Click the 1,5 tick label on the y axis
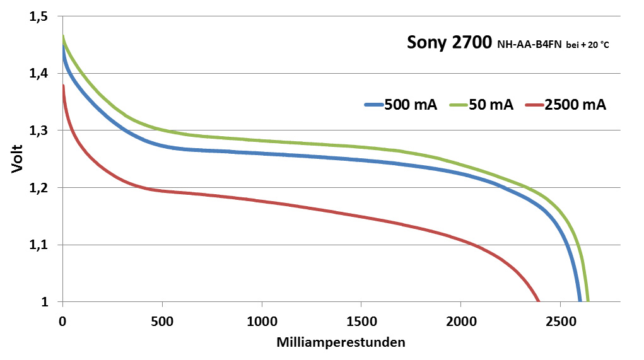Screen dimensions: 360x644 (x=39, y=17)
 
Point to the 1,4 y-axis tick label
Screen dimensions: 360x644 (x=39, y=74)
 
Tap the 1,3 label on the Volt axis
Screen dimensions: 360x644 (x=39, y=131)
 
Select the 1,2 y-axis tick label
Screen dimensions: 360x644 (x=39, y=188)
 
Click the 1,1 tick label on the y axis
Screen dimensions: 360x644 (x=39, y=245)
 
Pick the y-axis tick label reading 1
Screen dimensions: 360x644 (x=45, y=302)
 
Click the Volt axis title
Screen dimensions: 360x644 (x=18, y=160)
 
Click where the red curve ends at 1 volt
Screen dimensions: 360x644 (x=539, y=301)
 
